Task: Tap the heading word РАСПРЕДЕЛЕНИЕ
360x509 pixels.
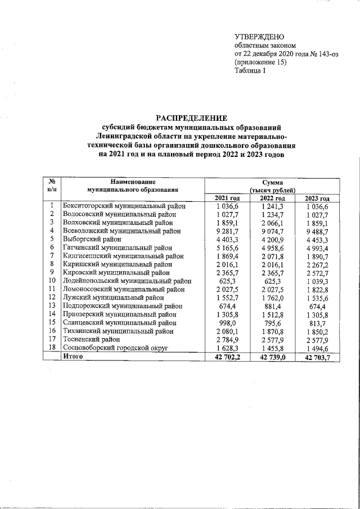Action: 191,118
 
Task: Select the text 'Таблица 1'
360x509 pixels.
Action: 250,71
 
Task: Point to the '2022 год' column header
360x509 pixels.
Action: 272,198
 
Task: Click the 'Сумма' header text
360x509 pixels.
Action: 272,182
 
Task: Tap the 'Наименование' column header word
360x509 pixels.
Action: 132,182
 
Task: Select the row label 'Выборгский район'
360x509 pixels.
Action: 92,239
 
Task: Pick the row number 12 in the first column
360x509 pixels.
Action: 52,297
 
